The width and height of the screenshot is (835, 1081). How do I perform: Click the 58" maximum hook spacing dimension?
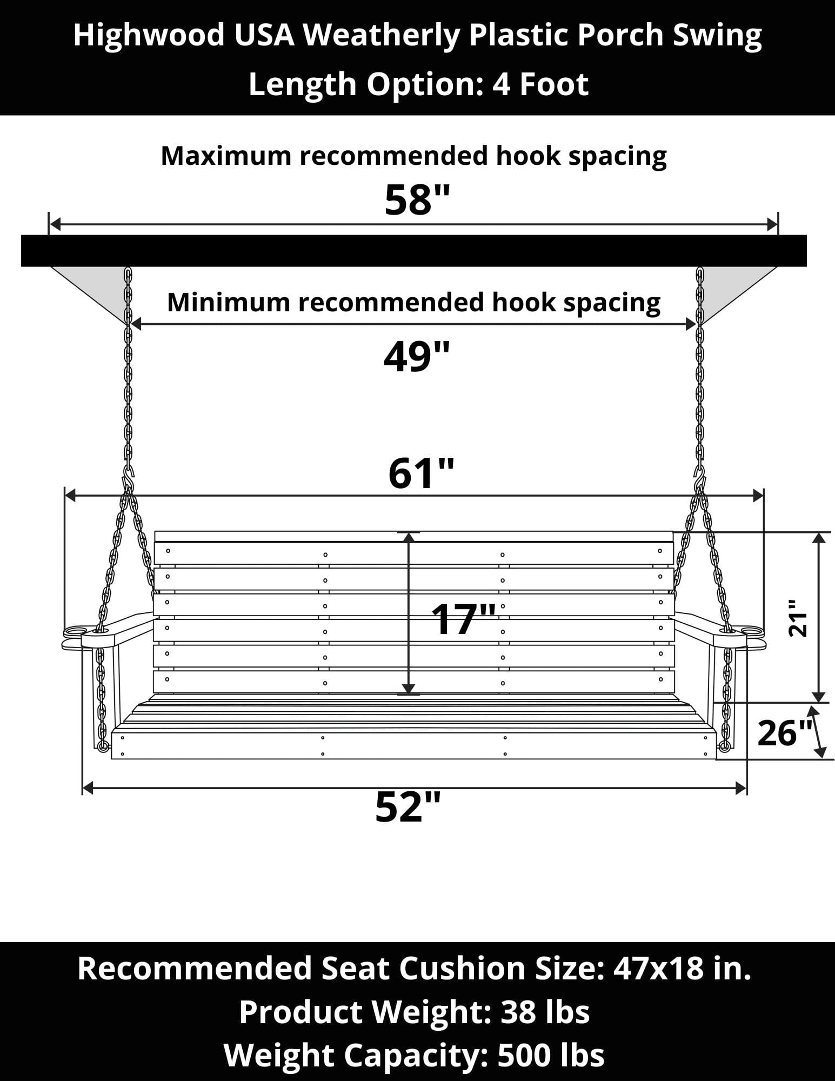[417, 200]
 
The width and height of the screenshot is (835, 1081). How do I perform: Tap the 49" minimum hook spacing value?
[416, 357]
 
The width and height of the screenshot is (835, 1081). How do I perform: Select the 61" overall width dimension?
[421, 473]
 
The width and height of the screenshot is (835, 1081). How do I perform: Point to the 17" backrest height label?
[464, 619]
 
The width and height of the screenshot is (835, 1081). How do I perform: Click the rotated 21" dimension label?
[798, 617]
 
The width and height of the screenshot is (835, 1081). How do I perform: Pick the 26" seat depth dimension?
[785, 733]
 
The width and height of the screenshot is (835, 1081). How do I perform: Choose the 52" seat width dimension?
[408, 807]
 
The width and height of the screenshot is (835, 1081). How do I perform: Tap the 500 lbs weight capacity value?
[551, 1055]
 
